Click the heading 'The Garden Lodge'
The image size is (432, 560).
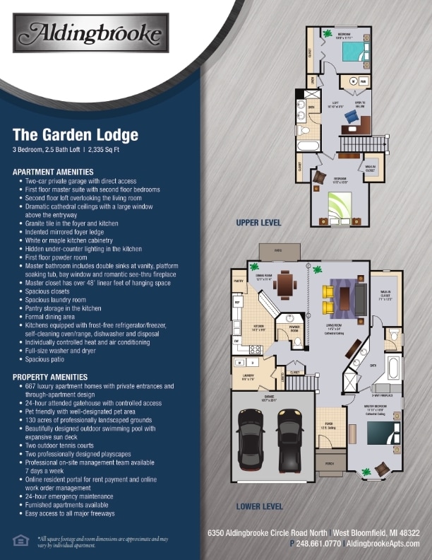coord(76,135)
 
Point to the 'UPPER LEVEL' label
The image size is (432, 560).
coord(258,223)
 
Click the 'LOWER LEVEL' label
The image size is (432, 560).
coord(259,506)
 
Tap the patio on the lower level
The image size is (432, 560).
coord(272,252)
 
